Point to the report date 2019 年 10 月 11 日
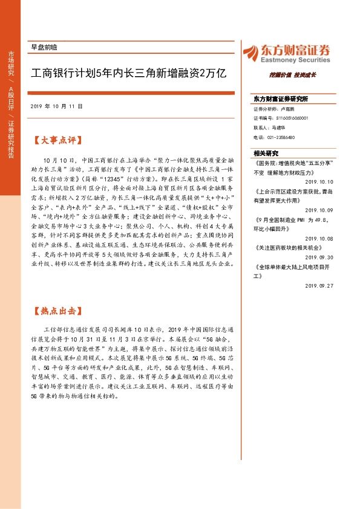coord(56,106)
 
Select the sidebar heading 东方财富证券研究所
coord(281,98)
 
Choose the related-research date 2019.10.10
coord(319,181)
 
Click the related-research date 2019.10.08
coord(319,238)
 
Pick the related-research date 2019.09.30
coord(319,256)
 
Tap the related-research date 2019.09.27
coord(319,285)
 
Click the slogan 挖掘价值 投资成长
coord(293,75)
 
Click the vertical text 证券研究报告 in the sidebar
coord(11,139)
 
